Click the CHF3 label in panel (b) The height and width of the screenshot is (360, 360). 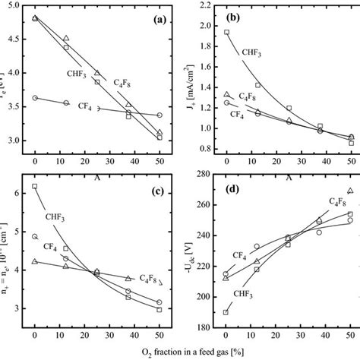[253, 52]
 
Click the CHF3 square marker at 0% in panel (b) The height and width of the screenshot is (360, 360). [226, 33]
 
